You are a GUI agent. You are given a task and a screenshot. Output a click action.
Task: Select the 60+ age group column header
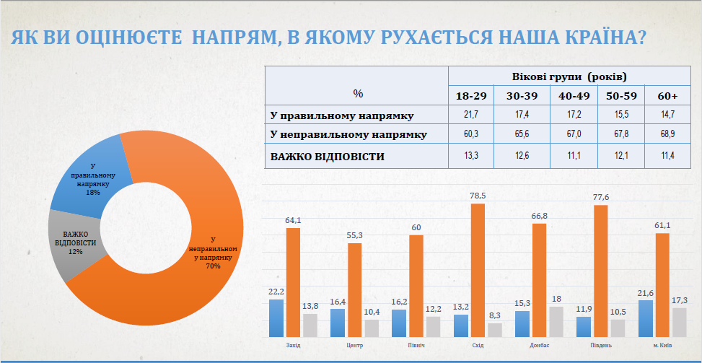pos(668,96)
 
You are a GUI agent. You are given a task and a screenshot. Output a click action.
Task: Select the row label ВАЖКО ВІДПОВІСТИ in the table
pos(328,156)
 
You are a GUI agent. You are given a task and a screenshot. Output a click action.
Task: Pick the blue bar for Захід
pos(276,318)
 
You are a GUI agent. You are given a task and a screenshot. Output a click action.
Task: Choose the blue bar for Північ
pos(400,323)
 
